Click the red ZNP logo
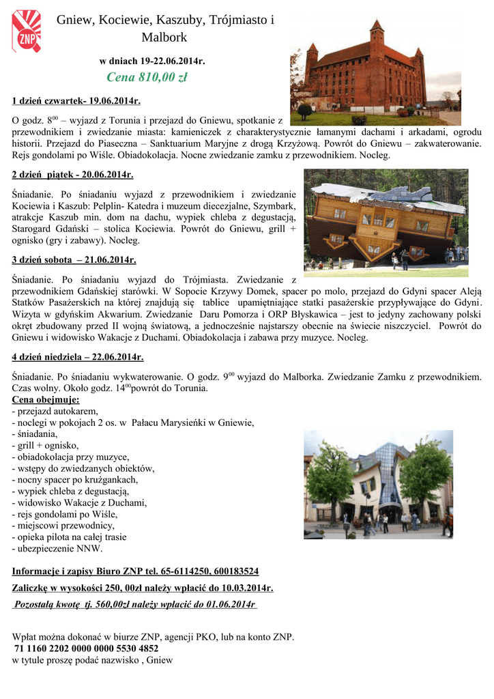point(26,31)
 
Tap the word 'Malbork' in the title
point(164,37)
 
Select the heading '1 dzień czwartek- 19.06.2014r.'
point(76,102)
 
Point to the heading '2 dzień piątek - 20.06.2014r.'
point(73,175)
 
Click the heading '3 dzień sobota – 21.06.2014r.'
point(74,260)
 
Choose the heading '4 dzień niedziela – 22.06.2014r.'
point(78,357)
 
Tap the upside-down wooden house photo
point(386,222)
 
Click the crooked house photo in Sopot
point(378,484)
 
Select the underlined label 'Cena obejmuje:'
point(46,399)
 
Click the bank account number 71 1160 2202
point(87,648)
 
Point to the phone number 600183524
point(233,571)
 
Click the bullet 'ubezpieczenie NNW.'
point(57,548)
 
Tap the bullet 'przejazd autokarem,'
point(55,411)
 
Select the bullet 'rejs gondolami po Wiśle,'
point(65,514)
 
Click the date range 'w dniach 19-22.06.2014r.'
point(153,61)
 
